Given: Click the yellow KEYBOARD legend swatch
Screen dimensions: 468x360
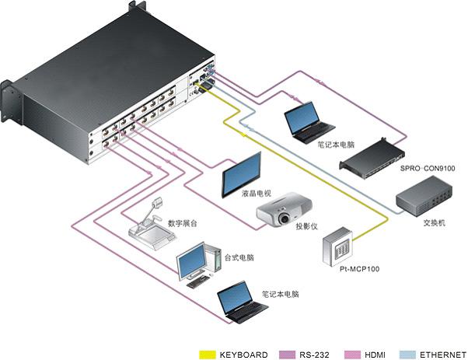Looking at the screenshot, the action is click(x=208, y=355).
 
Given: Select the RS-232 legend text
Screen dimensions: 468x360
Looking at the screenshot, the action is click(x=314, y=355).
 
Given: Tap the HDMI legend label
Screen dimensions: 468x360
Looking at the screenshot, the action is click(x=375, y=355).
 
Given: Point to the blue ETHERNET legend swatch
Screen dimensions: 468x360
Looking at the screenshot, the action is click(x=407, y=355).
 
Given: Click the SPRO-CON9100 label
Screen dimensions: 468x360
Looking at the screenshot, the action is click(x=428, y=169).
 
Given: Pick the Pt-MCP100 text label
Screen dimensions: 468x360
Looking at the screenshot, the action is click(x=359, y=269).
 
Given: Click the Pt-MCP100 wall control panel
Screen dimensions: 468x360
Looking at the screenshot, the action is click(x=337, y=246).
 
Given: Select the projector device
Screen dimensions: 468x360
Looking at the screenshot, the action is click(x=285, y=209).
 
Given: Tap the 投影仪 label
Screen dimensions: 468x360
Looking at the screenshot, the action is click(x=306, y=226).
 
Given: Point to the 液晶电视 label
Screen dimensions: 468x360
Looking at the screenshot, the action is click(x=257, y=194).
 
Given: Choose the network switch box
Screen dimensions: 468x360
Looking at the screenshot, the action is click(x=424, y=196).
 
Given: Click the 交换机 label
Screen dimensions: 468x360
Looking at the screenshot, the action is click(x=435, y=222).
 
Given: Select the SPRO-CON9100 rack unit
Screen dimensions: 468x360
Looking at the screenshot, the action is click(x=372, y=158).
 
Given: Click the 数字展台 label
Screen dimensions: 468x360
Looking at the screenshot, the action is click(x=183, y=223).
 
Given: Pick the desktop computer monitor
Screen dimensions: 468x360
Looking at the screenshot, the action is click(x=192, y=261).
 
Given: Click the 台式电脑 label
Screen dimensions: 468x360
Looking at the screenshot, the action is click(x=239, y=257).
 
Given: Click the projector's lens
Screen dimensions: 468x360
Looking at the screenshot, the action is click(x=284, y=218).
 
